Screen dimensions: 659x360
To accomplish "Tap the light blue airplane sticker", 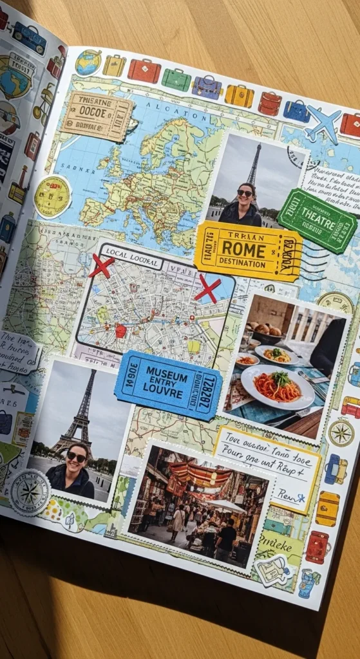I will tap(323, 123).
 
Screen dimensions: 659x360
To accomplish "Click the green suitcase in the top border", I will tap(176, 79).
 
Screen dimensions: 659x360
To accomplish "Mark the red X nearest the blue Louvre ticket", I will tap(207, 288).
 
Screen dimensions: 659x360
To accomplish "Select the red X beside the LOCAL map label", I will tap(101, 265).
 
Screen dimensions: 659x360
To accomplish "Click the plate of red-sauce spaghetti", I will tap(278, 386).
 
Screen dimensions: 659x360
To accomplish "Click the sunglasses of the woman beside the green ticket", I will tap(245, 192).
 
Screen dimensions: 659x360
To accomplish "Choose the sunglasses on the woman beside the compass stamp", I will tap(76, 456).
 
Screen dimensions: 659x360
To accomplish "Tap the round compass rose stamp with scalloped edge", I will tap(29, 492).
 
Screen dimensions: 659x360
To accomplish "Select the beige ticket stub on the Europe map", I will tap(96, 116).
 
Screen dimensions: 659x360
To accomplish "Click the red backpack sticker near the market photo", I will tap(317, 546).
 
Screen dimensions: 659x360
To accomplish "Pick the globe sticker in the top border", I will tap(88, 63).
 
